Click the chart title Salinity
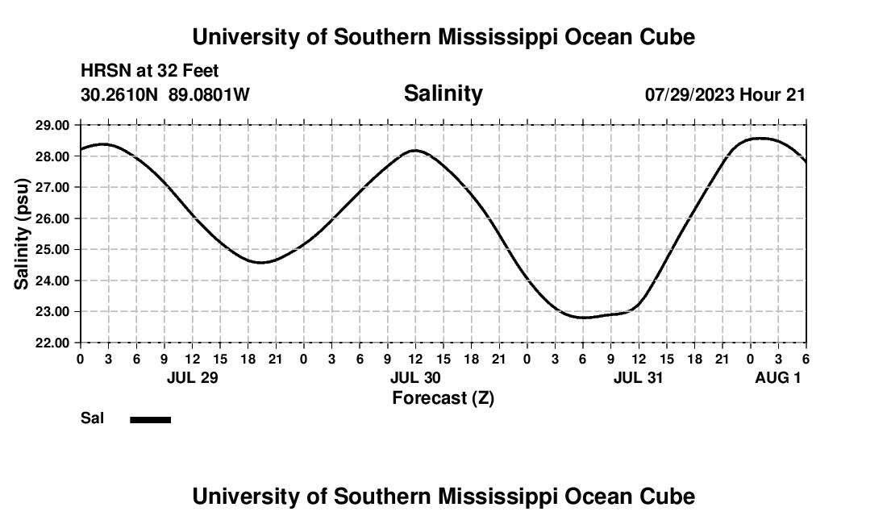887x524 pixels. coord(443,94)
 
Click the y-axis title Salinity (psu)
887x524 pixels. coord(23,234)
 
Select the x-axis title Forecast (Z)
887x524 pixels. coord(443,397)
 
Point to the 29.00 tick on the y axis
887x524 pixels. coord(53,125)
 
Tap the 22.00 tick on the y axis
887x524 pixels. coord(53,343)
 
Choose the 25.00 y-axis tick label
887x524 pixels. coord(53,249)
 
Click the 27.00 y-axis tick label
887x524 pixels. coord(53,187)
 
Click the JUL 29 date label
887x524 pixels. coord(193,377)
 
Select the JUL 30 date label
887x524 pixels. coord(415,377)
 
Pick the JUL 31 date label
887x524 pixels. coord(639,377)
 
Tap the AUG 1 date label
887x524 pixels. coord(777,377)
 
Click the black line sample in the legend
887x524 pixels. coord(151,419)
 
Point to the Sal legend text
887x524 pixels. coord(92,418)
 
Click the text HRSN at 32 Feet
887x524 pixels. coord(150,72)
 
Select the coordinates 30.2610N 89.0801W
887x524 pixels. coord(165,95)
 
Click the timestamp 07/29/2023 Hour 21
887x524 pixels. coord(725,95)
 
